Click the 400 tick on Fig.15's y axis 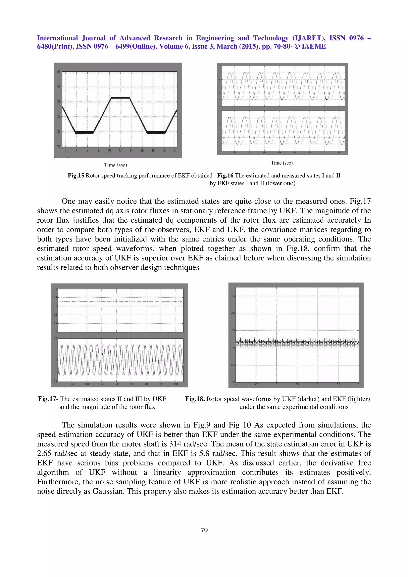pyautogui.click(x=59, y=72)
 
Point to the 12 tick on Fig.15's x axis pyautogui.click(x=120, y=151)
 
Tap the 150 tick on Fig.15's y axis pyautogui.click(x=59, y=147)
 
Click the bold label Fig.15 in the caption pyautogui.click(x=76, y=176)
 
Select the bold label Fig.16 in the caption pyautogui.click(x=225, y=176)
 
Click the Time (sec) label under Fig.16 pyautogui.click(x=281, y=163)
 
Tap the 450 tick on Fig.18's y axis pyautogui.click(x=233, y=296)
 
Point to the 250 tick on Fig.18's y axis pyautogui.click(x=233, y=365)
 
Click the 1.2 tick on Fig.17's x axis pyautogui.click(x=72, y=384)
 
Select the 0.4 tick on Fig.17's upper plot pyautogui.click(x=55, y=297)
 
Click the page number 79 pyautogui.click(x=204, y=530)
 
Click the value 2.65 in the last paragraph pyautogui.click(x=44, y=454)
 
